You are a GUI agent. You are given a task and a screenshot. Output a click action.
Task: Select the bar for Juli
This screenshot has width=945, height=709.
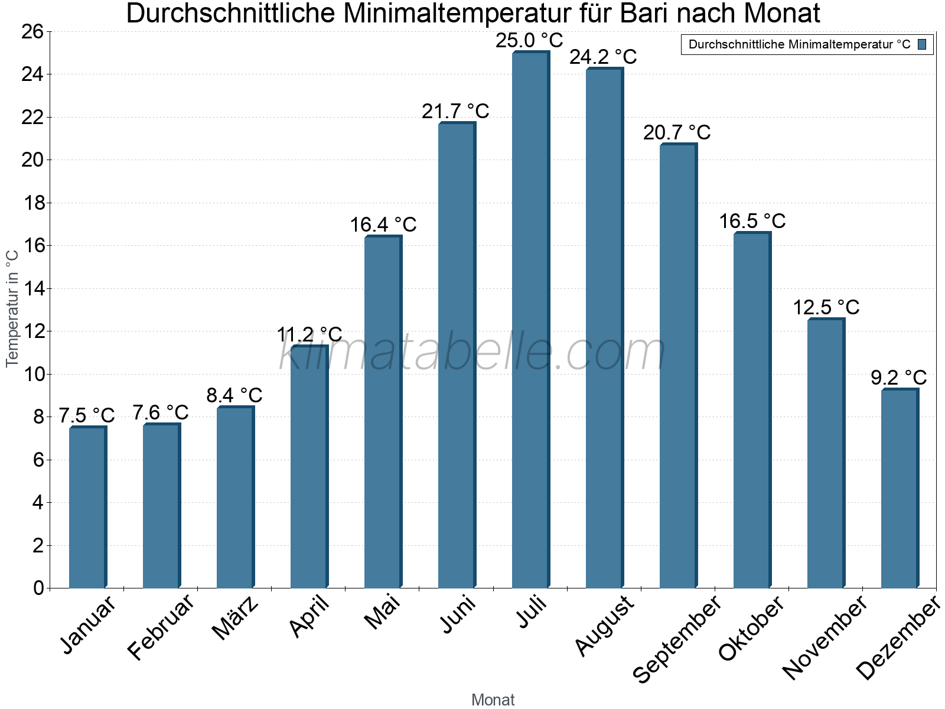530,319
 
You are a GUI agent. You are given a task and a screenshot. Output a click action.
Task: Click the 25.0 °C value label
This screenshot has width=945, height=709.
529,41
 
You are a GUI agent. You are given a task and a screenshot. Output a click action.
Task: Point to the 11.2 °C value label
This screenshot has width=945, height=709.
309,334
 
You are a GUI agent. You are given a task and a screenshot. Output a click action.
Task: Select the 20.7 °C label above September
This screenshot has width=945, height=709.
677,132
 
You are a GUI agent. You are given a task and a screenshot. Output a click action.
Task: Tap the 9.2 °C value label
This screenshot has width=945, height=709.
899,377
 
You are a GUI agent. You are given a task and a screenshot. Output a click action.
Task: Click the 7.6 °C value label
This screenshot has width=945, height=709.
161,412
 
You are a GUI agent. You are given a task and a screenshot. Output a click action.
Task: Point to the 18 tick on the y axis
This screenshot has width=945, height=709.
34,203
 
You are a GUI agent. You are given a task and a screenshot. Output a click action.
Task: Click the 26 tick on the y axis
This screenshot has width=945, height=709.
34,31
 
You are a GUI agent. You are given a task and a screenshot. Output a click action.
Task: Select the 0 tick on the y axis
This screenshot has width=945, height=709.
39,588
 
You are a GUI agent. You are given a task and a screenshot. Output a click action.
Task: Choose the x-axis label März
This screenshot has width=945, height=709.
235,619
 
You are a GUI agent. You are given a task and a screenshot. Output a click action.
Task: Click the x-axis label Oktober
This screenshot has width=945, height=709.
751,629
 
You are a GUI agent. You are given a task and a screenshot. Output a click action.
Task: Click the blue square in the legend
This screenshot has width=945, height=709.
922,44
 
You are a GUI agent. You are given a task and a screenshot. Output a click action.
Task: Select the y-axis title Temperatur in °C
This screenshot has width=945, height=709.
12,308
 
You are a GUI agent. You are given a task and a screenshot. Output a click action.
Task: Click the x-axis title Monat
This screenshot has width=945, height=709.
493,700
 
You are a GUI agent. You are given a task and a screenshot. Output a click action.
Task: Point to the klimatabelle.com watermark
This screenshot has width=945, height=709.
472,352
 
